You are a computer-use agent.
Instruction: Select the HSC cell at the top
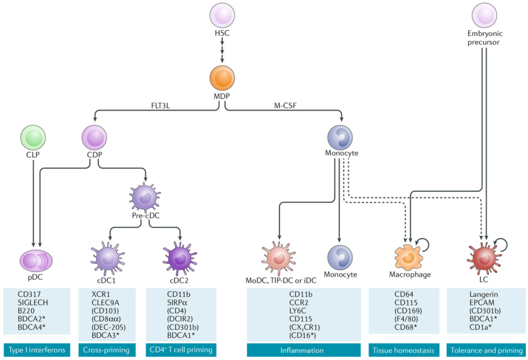222,15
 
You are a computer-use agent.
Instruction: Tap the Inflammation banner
302,350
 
